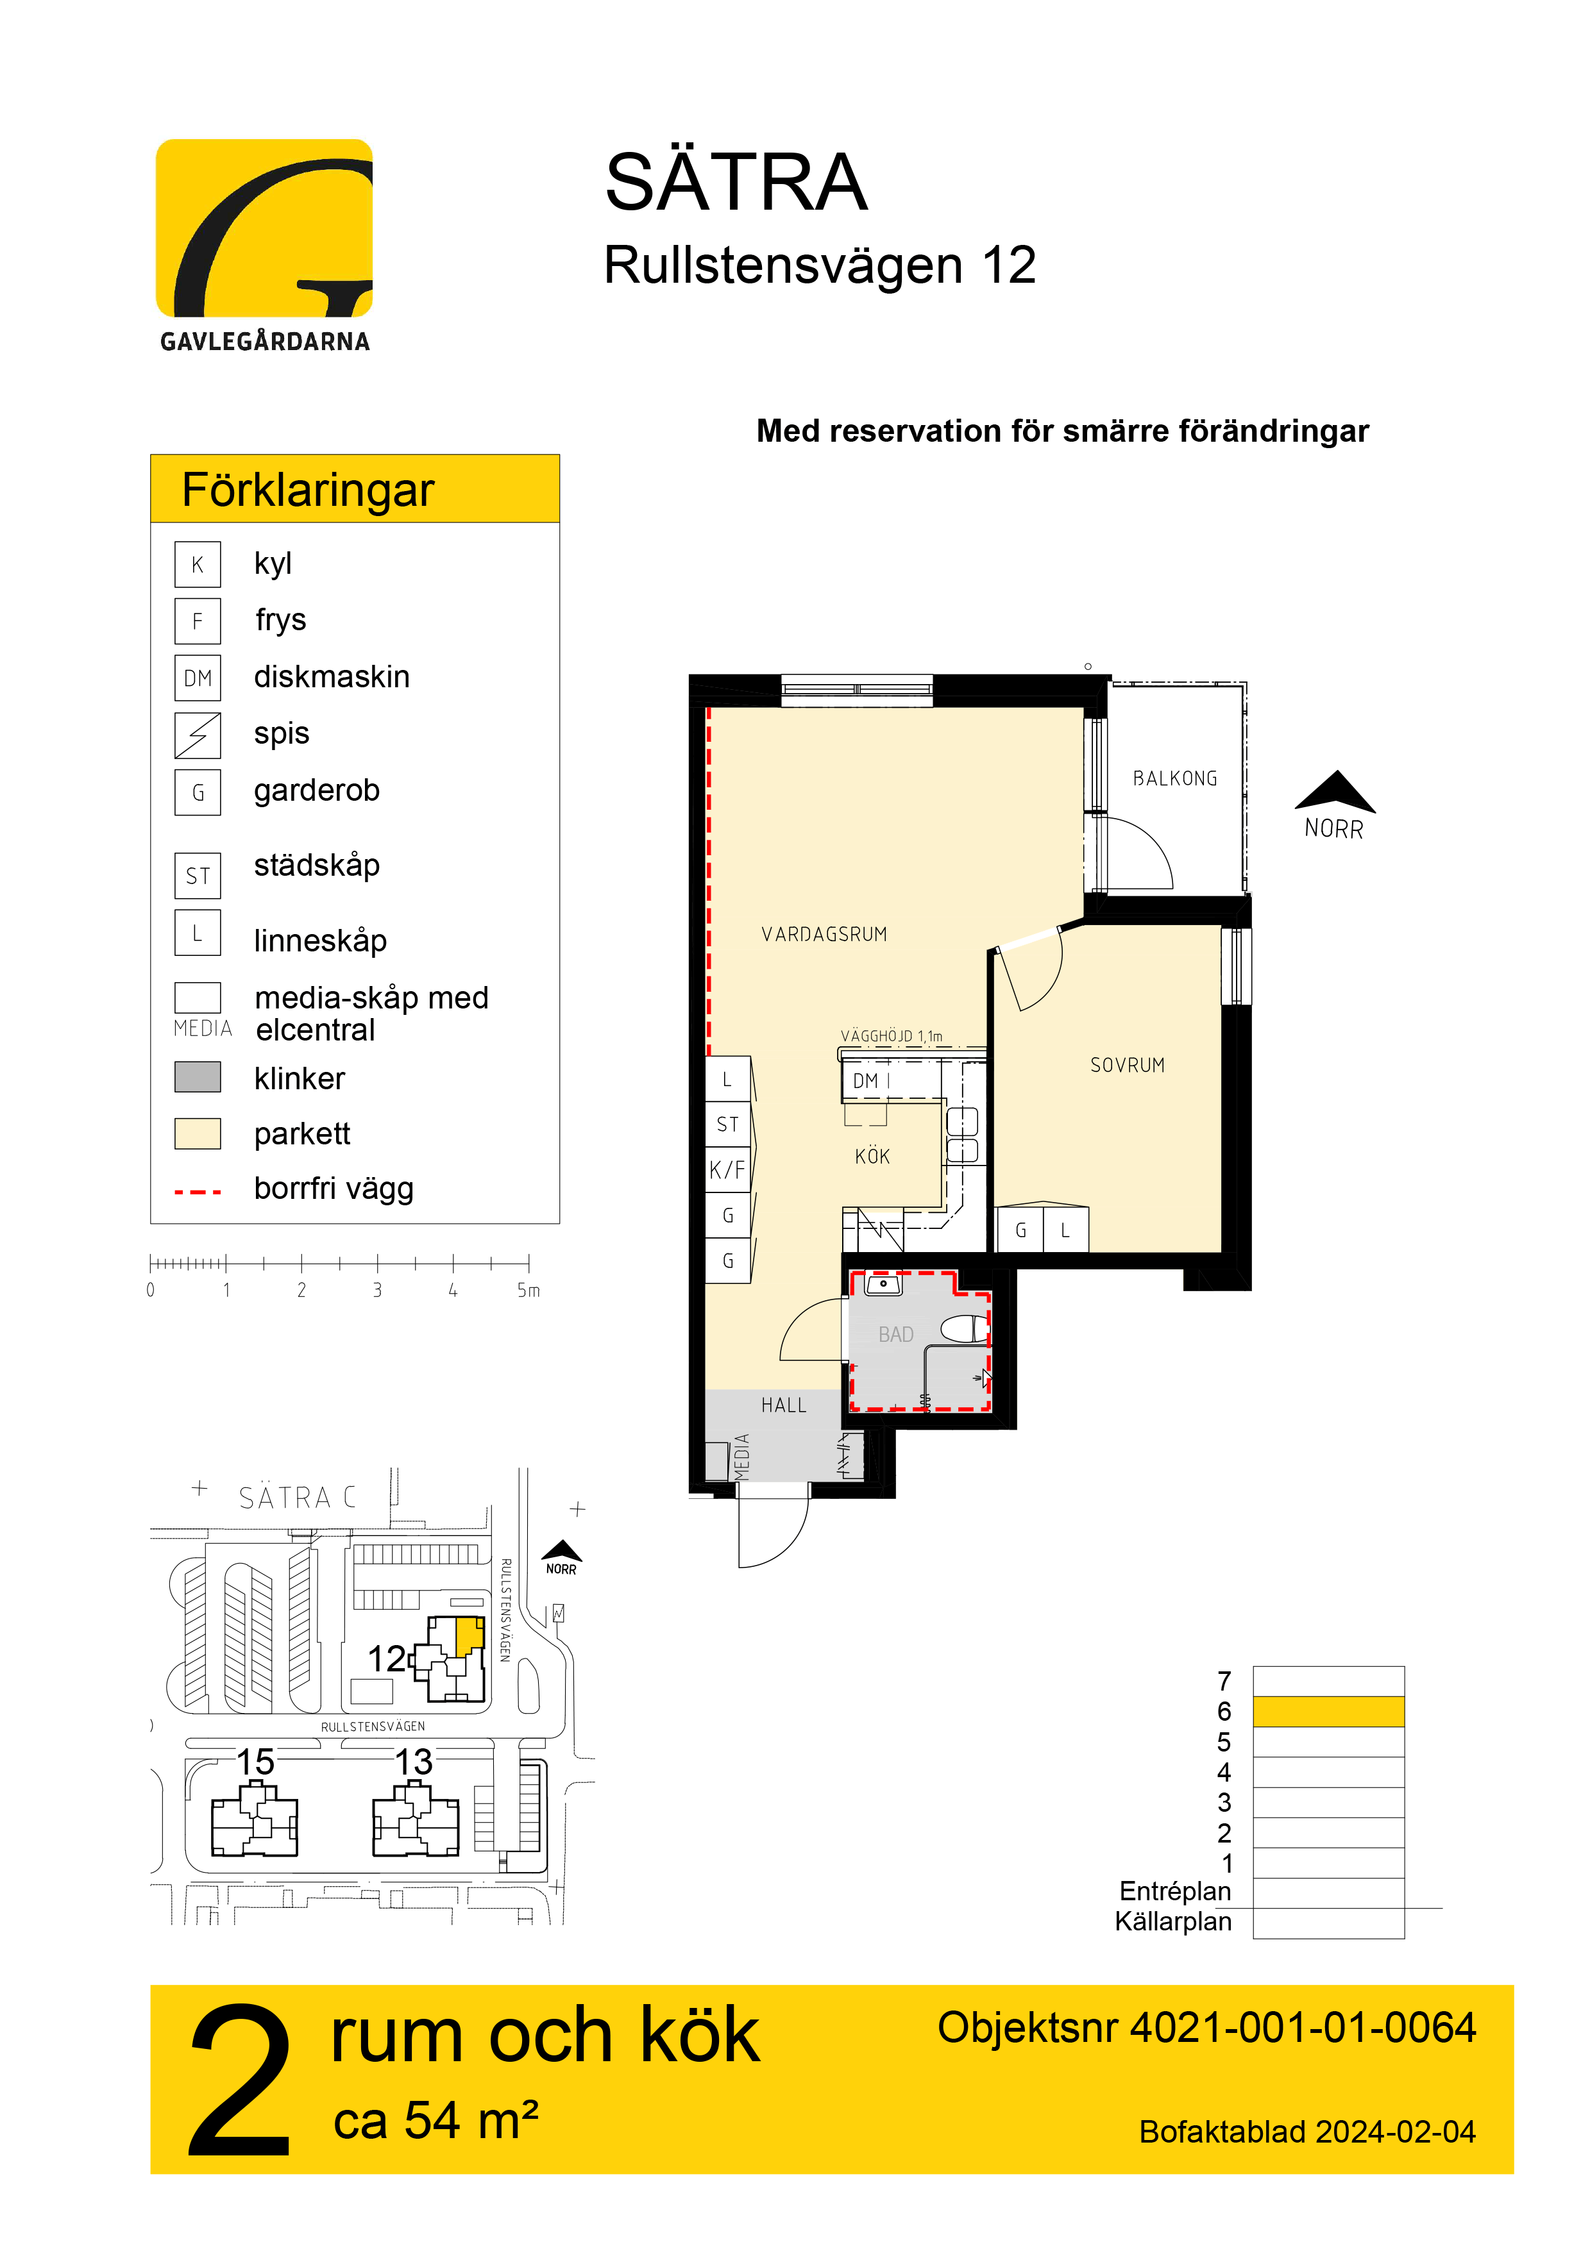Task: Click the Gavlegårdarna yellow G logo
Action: tap(264, 228)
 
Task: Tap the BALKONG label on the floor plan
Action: tap(1174, 779)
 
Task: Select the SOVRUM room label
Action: tap(1128, 1066)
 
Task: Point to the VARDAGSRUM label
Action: tap(824, 935)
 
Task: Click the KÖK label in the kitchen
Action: tap(872, 1157)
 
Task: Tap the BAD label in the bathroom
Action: tap(895, 1335)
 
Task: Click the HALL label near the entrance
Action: tap(784, 1405)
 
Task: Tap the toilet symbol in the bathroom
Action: tap(965, 1329)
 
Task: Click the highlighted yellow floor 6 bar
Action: tap(1328, 1711)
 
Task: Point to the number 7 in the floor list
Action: tap(1224, 1681)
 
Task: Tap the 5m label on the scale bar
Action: tap(528, 1291)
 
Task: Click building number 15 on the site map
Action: tap(256, 1762)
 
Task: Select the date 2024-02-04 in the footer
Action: tap(1395, 2132)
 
